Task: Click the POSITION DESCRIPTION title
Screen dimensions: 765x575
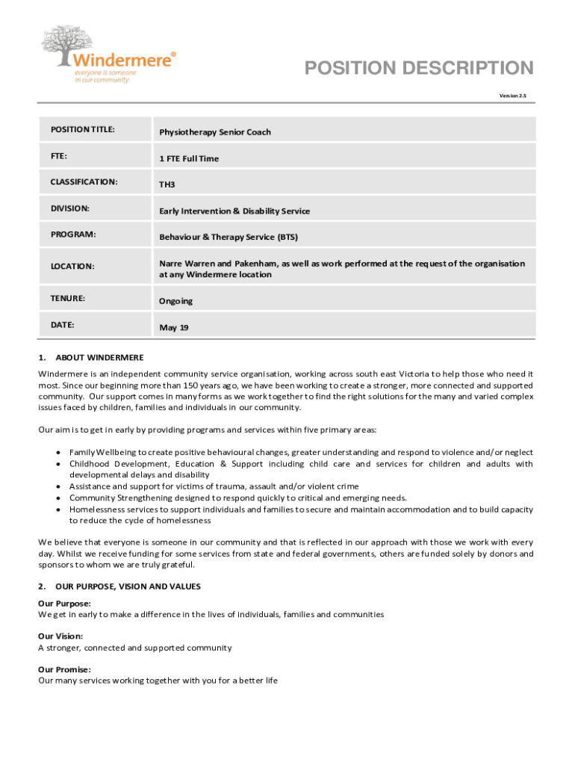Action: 419,69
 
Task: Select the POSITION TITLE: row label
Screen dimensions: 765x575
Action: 82,129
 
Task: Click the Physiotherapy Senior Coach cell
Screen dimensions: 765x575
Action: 214,132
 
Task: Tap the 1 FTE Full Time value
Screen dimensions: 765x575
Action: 189,158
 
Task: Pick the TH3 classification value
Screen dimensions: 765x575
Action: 167,185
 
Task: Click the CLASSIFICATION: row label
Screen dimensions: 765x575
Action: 84,182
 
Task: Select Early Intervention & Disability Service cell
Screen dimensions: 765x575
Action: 234,211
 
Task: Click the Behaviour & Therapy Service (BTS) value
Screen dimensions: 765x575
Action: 228,238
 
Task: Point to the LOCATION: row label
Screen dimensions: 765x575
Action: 72,266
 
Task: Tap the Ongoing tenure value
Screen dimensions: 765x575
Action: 175,301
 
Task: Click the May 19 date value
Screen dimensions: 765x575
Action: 173,328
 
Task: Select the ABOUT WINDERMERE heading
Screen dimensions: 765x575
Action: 99,358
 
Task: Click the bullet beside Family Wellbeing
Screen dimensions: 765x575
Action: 58,453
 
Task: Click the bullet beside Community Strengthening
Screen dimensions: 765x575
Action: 58,498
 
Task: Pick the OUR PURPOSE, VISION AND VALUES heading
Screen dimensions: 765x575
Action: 128,586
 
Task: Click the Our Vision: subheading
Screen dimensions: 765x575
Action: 60,637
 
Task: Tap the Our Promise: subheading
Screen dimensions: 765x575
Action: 64,669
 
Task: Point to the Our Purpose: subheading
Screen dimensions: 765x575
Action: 64,603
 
